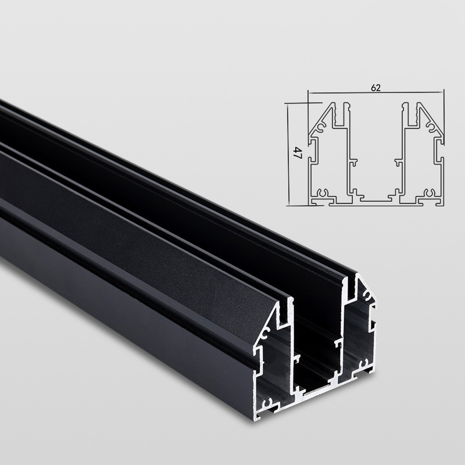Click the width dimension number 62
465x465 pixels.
coord(375,88)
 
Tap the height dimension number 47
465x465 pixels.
coord(296,154)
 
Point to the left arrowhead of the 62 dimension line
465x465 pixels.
coord(310,92)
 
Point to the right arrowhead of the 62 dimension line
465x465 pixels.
coord(442,92)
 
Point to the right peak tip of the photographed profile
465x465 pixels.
coord(356,278)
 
